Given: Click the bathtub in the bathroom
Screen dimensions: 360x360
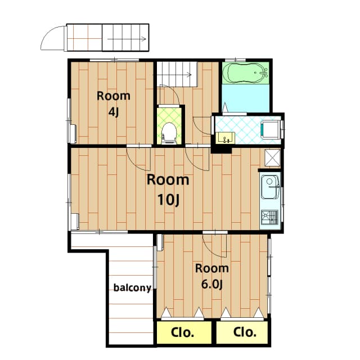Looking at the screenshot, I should click(246, 73).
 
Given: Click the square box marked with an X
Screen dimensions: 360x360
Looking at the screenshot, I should click(272, 157).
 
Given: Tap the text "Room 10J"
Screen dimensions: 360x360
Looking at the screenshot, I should click(168, 190).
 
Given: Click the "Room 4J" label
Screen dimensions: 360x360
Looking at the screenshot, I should click(113, 103).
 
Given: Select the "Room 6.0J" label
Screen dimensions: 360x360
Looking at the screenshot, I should click(212, 276).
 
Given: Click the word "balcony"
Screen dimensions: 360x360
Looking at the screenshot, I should click(132, 288).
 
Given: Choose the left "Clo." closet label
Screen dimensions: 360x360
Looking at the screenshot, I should click(182, 332).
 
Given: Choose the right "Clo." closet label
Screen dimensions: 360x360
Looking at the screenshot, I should click(245, 332).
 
